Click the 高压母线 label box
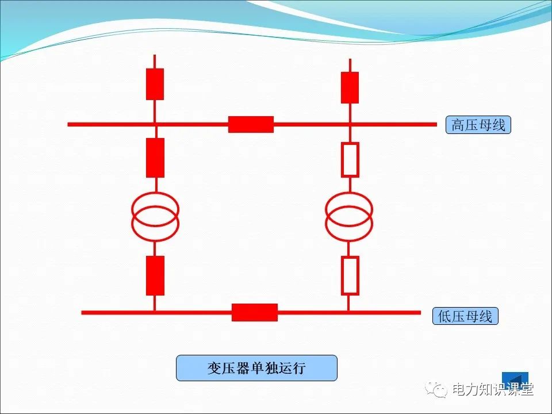[478, 125]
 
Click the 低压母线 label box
[465, 316]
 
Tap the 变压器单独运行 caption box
[256, 368]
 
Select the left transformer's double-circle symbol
[155, 216]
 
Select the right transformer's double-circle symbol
[349, 216]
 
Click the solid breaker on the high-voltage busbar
[251, 124]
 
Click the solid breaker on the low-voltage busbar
[255, 312]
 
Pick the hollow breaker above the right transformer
[350, 159]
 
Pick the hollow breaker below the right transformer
[350, 275]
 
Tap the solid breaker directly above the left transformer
[155, 158]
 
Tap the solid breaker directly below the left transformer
[155, 275]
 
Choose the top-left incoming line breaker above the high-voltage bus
[155, 84]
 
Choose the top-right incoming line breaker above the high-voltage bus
[350, 87]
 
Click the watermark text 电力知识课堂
[493, 390]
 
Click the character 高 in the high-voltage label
[458, 125]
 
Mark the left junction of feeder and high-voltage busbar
[155, 124]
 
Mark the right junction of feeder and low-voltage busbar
[348, 312]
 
